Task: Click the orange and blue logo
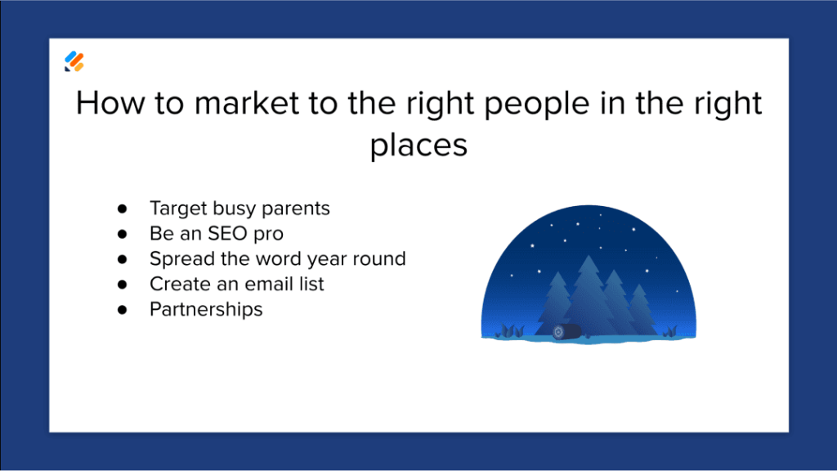click(x=74, y=61)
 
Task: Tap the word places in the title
click(x=418, y=146)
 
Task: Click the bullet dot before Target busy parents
click(x=123, y=209)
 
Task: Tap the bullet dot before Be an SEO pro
click(x=123, y=234)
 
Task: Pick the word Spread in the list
click(x=176, y=259)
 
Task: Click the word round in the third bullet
click(x=380, y=259)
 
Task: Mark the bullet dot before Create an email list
click(x=123, y=285)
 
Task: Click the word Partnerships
click(x=206, y=310)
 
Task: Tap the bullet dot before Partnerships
click(x=123, y=310)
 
